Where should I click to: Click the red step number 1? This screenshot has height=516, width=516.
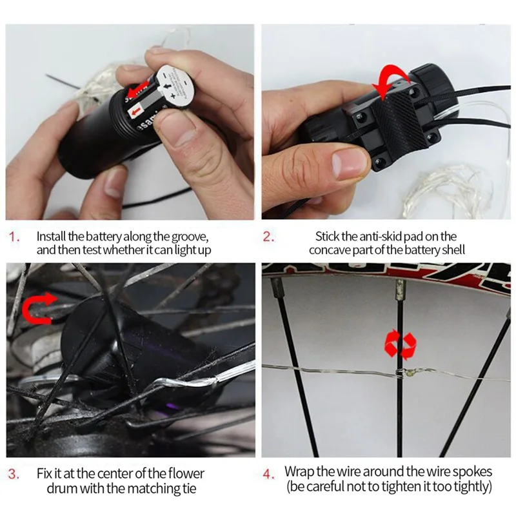pyautogui.click(x=15, y=237)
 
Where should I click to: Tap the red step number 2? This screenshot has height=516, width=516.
pyautogui.click(x=268, y=237)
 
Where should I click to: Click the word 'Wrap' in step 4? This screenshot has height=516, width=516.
pyautogui.click(x=299, y=473)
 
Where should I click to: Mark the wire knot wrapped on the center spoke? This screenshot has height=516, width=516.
pyautogui.click(x=404, y=373)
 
